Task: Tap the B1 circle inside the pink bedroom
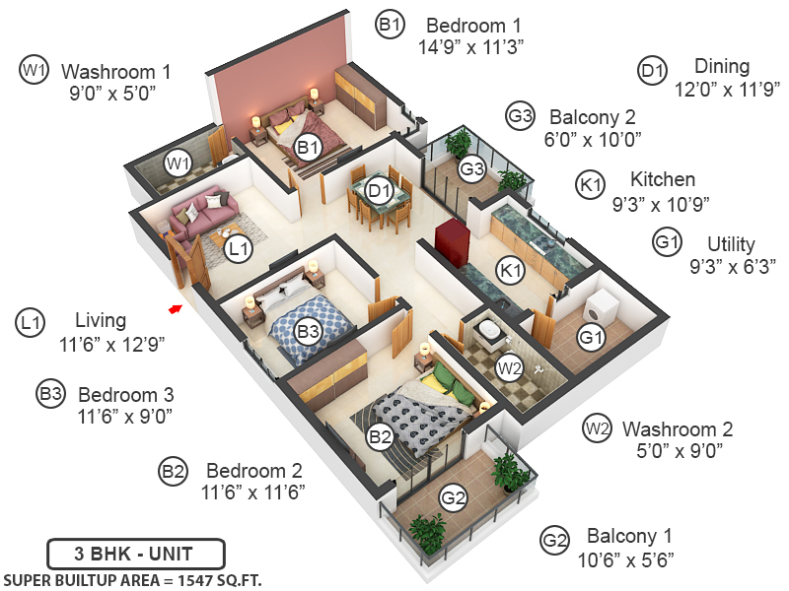tap(308, 148)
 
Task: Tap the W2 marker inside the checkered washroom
tap(509, 368)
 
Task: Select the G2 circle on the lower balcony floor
tap(453, 498)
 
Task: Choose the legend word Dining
tap(722, 67)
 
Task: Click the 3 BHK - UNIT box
tap(136, 553)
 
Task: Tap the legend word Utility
tap(731, 244)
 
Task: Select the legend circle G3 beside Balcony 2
tap(520, 116)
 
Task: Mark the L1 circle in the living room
tap(238, 250)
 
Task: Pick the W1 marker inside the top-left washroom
tap(178, 163)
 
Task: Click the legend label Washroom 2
tap(678, 429)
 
